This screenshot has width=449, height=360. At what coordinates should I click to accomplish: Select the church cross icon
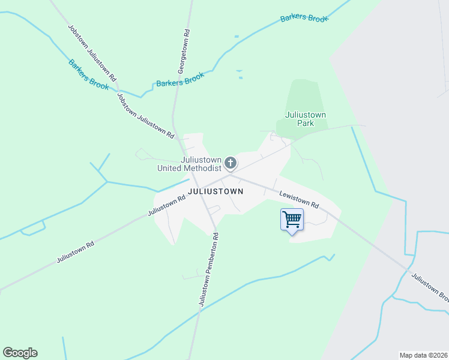231,163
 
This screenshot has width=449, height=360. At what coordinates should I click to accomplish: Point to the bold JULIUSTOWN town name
215,191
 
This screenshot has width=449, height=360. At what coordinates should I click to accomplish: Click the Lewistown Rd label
298,199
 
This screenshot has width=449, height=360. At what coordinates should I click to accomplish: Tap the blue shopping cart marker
292,220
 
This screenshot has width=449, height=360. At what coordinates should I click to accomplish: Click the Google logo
20,353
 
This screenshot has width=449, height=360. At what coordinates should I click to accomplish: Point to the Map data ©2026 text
423,355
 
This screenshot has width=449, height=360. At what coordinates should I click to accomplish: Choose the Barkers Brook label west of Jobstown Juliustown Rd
88,74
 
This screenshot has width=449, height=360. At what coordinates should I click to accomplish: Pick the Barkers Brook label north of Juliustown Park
304,19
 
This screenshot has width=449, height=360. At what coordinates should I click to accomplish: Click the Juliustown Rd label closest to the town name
166,205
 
